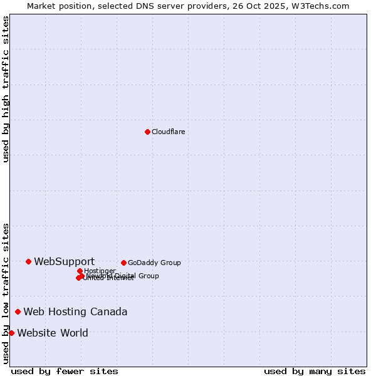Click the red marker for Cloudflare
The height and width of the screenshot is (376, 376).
click(147, 132)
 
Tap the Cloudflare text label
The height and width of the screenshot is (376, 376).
click(168, 132)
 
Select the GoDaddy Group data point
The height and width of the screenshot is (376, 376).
click(123, 263)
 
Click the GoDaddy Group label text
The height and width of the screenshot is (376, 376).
click(154, 263)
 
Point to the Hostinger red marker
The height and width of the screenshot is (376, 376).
click(80, 271)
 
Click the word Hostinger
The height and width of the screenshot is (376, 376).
click(100, 271)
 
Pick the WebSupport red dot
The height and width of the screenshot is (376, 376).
click(29, 261)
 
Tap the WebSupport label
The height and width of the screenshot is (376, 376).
click(64, 261)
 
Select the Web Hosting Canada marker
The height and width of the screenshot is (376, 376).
click(18, 311)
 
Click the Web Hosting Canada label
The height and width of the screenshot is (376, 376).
click(75, 311)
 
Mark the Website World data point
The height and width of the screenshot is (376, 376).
click(12, 333)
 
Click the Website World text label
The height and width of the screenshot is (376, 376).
click(53, 333)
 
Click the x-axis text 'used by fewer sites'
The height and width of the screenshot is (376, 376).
click(65, 371)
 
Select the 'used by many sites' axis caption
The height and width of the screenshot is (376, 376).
click(314, 371)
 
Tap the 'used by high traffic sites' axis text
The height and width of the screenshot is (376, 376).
click(6, 88)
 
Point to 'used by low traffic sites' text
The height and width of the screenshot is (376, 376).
click(6, 293)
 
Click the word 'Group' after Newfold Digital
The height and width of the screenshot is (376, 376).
click(148, 276)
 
